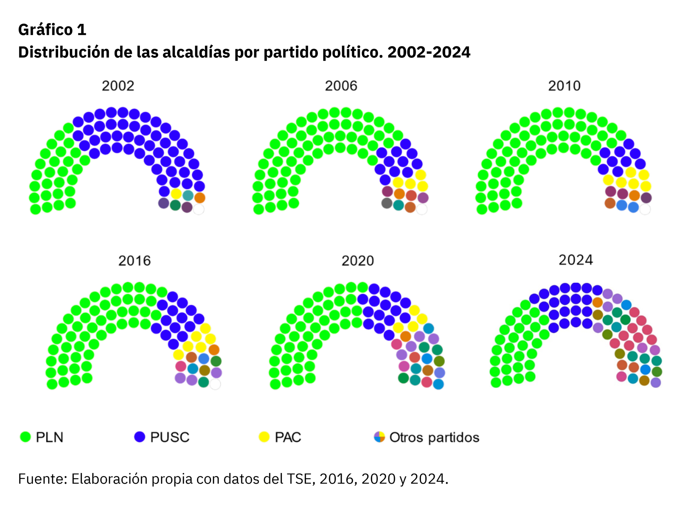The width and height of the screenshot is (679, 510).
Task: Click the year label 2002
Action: point(118,86)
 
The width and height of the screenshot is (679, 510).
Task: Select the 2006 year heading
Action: point(341,86)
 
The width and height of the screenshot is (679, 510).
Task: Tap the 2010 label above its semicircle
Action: point(564,86)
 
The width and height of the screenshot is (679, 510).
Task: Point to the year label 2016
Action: point(134,261)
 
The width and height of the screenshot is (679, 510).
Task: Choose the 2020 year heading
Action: point(357,261)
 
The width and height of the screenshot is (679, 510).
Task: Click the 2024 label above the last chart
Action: point(576,260)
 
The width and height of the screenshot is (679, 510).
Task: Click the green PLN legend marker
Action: point(25,437)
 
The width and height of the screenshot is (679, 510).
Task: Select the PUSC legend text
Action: point(170,437)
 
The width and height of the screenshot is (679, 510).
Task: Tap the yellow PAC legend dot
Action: point(264,437)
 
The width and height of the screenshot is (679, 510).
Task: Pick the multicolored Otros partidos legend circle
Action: point(379,437)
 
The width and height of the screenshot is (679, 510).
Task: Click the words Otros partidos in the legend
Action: point(434,437)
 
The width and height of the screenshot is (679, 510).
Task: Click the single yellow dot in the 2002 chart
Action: point(176,194)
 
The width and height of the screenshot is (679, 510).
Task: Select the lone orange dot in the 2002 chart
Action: point(200,198)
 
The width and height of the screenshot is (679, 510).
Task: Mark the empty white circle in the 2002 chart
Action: point(199,209)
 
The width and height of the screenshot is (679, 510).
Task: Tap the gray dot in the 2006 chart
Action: point(387,203)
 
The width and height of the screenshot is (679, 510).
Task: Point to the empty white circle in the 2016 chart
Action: point(215,384)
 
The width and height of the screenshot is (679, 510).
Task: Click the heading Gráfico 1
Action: point(52,30)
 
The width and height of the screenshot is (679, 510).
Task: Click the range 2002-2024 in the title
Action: point(429,52)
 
